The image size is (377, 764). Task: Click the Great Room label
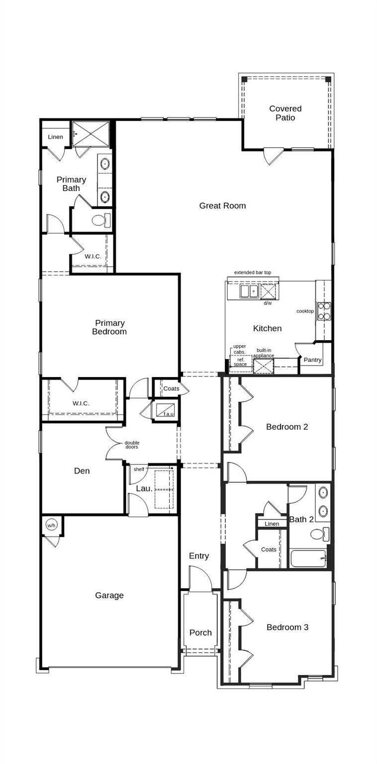coord(222,205)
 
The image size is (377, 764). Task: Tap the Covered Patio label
coord(285,113)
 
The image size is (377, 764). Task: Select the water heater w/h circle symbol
coord(52,525)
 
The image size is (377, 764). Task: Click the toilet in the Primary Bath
coord(100,220)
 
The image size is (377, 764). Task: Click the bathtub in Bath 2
coord(308,559)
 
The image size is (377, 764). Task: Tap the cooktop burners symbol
coord(324,311)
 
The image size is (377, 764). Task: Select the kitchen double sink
coord(248,291)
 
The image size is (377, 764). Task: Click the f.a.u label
coord(169,414)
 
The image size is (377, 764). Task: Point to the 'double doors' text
coord(132,445)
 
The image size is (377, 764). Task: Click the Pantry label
coord(312,360)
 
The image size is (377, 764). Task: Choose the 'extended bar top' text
coord(253,273)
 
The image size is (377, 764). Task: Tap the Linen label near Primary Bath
coord(55,137)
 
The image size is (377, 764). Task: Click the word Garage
coord(109,595)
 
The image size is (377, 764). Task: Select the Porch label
coord(200,632)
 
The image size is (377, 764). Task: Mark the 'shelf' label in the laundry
coord(139,469)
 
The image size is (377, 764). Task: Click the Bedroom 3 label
coord(287,627)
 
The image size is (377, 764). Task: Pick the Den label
coord(82,471)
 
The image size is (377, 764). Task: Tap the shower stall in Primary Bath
coord(91,134)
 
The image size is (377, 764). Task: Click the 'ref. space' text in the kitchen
coord(240,362)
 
